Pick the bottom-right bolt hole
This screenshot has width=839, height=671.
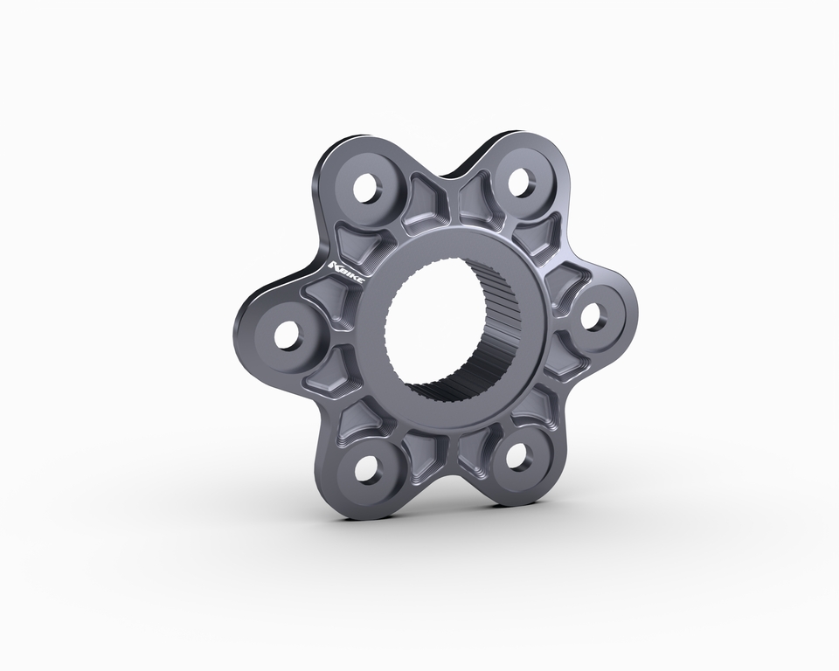tap(520, 456)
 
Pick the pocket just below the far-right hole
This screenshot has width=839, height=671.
tap(558, 367)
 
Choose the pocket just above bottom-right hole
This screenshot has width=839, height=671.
tap(533, 406)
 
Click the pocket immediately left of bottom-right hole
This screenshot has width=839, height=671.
tap(478, 452)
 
